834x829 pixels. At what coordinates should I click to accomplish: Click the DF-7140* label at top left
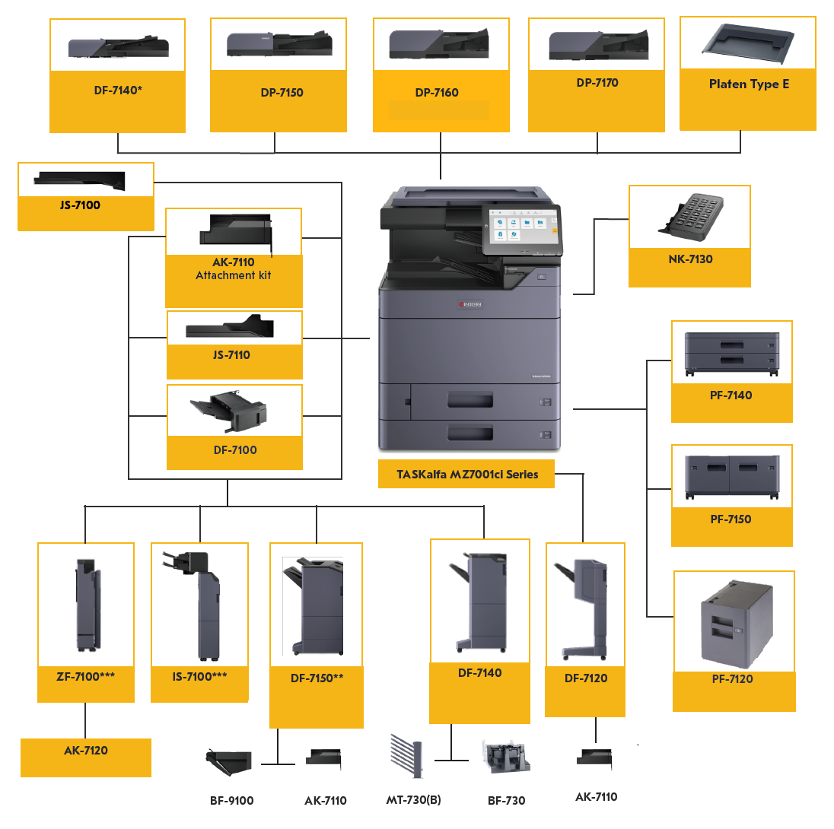tap(118, 91)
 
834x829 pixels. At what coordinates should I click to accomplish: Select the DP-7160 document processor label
tap(437, 93)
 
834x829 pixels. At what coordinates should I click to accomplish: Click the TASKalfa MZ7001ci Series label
tap(467, 475)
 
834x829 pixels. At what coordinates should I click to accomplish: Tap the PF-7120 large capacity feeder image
tap(735, 622)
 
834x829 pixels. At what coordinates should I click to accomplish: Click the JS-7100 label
tap(80, 205)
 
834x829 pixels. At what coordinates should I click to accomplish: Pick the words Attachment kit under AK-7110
tap(233, 275)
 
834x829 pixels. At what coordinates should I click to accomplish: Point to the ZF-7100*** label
tap(85, 675)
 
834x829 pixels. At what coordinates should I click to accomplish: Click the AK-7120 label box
tap(86, 751)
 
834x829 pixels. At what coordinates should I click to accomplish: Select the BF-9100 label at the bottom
tap(231, 801)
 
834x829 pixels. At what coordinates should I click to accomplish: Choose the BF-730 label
tap(506, 801)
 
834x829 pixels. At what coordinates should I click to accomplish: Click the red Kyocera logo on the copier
tap(470, 304)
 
